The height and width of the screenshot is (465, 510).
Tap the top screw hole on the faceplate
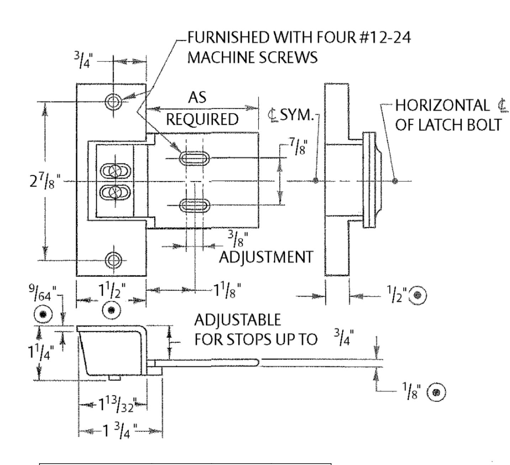(x=113, y=102)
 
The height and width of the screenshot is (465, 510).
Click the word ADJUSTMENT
(x=266, y=257)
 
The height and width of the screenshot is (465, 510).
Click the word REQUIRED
(x=202, y=120)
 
